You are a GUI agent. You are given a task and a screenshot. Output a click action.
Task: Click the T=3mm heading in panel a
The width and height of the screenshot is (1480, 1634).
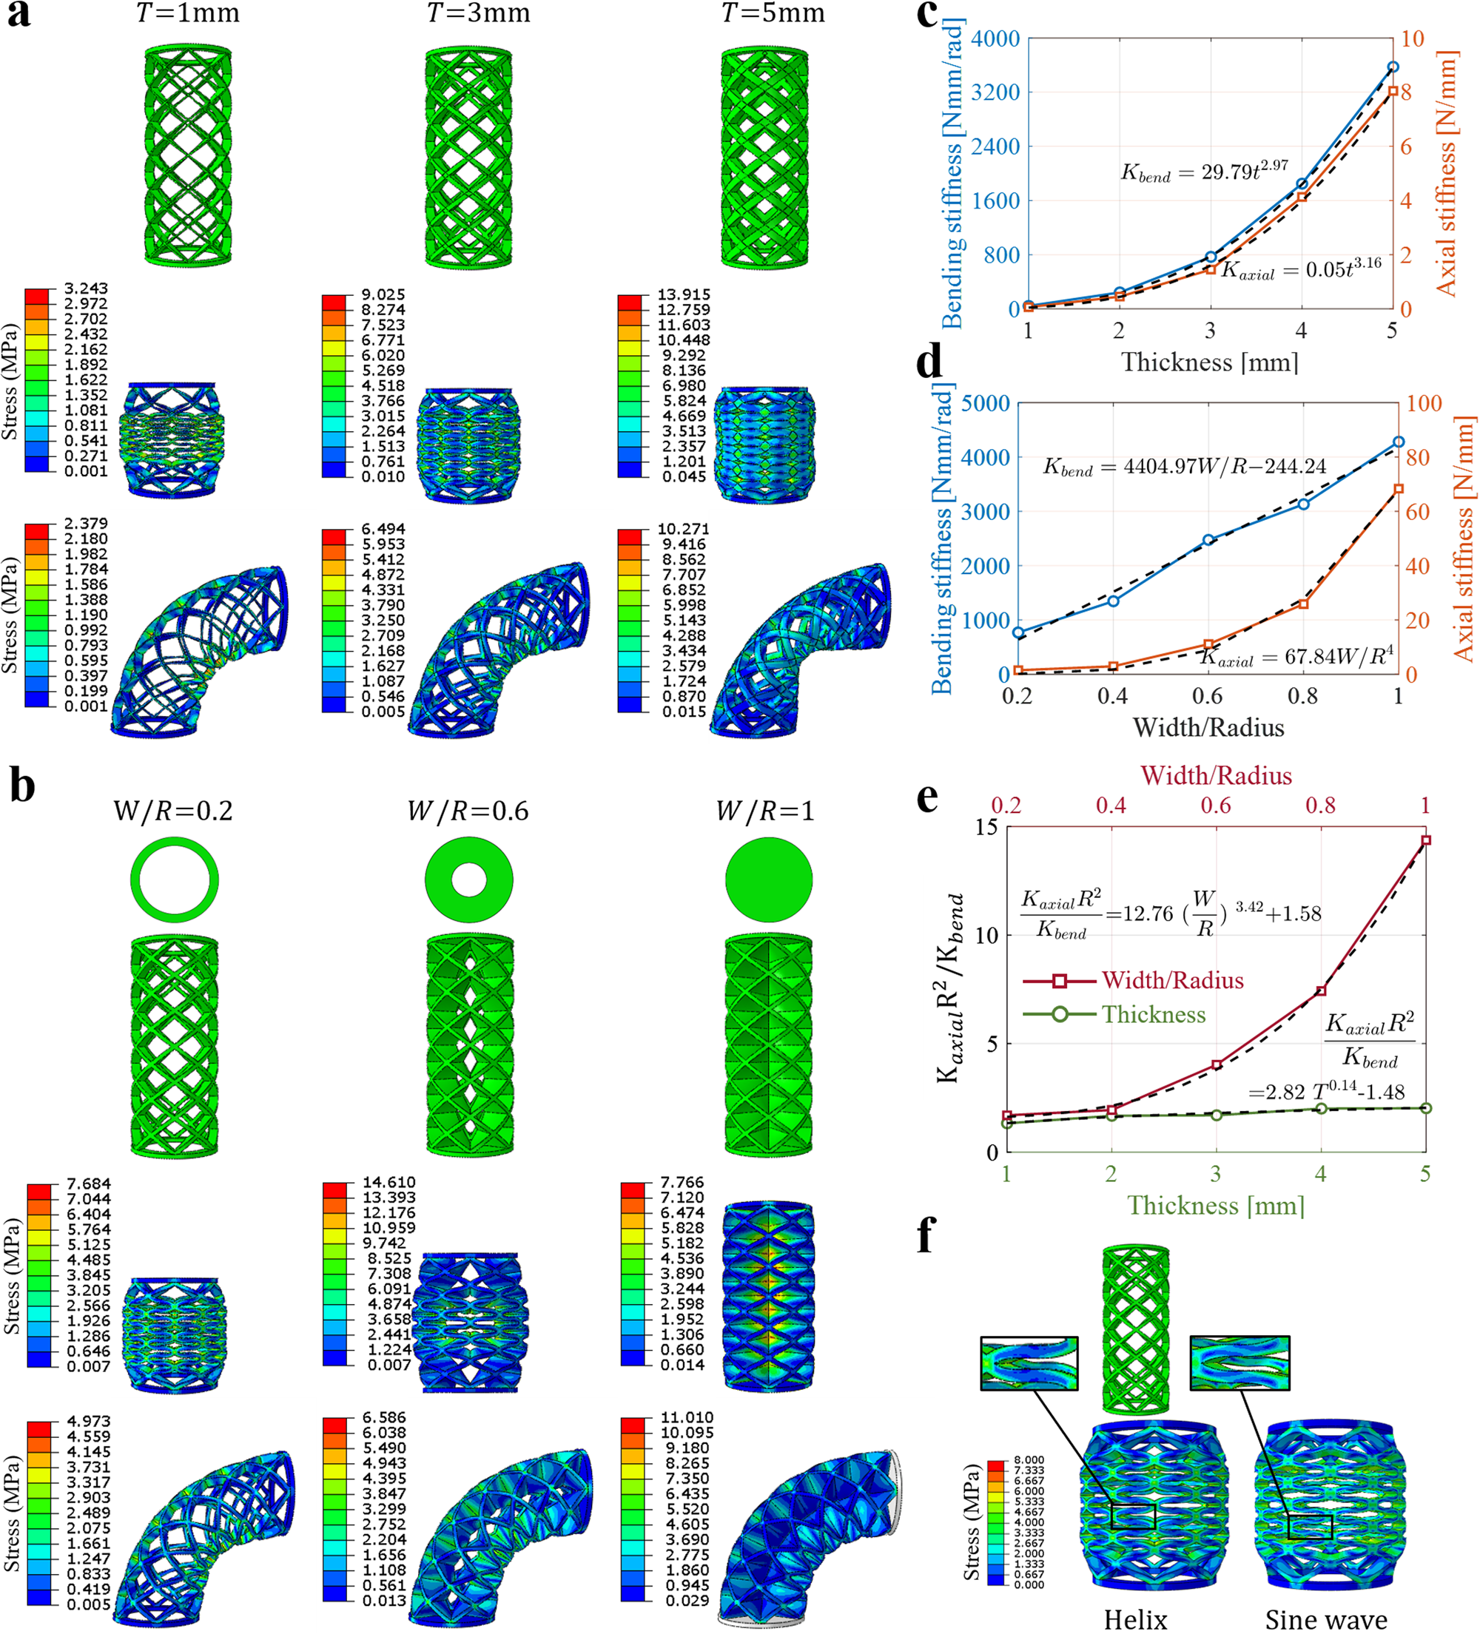tap(479, 14)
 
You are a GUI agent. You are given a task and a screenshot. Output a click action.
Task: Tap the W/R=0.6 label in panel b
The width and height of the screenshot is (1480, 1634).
tap(468, 811)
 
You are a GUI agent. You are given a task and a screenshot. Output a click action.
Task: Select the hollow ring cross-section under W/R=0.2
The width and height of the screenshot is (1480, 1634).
tap(175, 880)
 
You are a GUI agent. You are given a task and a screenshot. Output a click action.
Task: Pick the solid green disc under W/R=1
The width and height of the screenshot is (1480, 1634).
tap(768, 880)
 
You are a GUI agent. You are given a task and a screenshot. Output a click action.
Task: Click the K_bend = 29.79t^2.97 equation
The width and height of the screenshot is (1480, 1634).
tap(1204, 171)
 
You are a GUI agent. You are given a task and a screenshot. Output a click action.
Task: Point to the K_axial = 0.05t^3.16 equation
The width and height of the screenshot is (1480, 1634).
tap(1301, 269)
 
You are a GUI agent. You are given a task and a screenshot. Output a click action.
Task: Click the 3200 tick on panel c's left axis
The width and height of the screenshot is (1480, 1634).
tap(995, 92)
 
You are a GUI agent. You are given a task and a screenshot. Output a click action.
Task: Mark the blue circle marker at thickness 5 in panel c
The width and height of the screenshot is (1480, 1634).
tap(1393, 67)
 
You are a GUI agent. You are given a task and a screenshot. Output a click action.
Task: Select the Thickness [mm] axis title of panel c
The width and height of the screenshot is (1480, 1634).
tap(1209, 362)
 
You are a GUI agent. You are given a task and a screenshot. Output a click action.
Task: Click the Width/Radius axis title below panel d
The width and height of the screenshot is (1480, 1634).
tap(1208, 728)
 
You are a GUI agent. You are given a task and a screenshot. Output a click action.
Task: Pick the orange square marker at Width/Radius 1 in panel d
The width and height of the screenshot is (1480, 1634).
tap(1398, 490)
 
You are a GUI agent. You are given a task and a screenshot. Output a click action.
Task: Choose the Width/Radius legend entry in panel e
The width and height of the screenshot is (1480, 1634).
tap(1172, 981)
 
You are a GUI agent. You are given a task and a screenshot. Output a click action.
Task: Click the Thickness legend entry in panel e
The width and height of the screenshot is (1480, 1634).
tap(1153, 1015)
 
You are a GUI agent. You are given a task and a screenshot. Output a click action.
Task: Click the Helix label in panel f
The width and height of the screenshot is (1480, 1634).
tap(1135, 1619)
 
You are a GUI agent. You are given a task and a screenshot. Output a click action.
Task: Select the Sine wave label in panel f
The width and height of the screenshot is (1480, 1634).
tap(1326, 1619)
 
